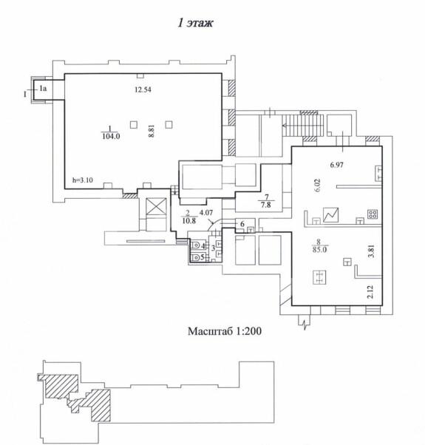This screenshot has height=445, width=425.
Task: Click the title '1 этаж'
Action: coord(195,23)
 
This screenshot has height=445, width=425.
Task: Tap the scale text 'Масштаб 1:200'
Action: coord(225,331)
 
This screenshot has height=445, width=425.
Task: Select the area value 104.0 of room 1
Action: coord(111,137)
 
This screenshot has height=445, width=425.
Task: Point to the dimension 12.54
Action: coord(143,89)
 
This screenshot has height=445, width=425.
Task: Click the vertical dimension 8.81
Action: coord(152,132)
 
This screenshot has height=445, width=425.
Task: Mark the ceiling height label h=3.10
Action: coord(83,180)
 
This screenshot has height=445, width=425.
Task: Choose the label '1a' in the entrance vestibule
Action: coord(43,89)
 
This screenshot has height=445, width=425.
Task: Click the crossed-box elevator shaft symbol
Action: coord(156,206)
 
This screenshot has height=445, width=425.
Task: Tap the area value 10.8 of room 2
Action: coord(189,220)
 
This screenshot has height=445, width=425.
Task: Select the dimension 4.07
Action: coord(206,212)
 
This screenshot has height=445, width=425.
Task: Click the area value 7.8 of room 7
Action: coord(266,205)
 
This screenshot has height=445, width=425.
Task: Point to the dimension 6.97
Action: coord(337,165)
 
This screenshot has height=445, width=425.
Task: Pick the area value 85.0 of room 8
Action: coord(319,250)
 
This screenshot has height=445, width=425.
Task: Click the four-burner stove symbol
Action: coord(373,214)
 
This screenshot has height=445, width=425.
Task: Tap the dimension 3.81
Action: coord(371,251)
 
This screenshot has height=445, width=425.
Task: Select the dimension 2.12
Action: coord(370,292)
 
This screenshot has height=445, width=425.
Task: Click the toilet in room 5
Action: coord(196,257)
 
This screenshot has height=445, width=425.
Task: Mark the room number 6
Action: coord(242,224)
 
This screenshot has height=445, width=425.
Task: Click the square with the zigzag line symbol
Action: coord(331,215)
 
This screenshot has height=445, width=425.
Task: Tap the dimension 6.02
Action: coord(317,185)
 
